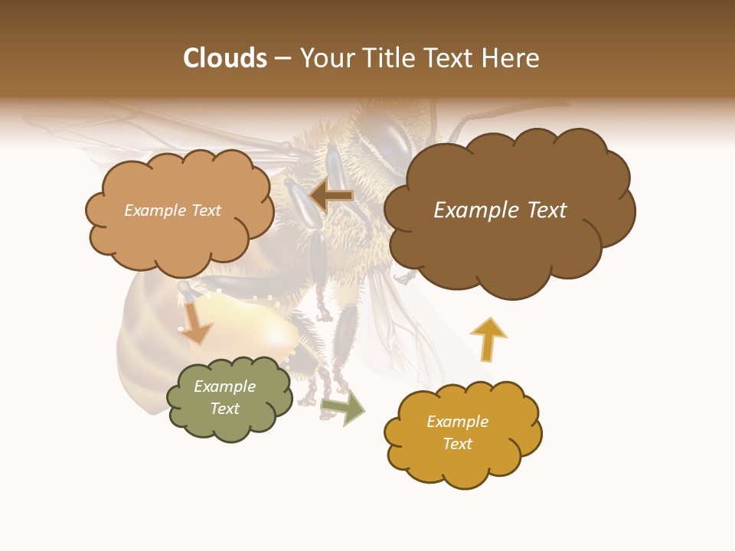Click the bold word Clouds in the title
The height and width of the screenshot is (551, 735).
225,58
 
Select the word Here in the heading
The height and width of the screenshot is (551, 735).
512,58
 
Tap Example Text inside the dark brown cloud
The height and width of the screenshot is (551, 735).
500,210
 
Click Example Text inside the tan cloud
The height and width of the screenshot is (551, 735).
172,210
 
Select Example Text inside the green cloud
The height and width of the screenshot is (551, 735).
225,398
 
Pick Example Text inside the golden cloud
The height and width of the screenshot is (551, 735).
457,432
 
